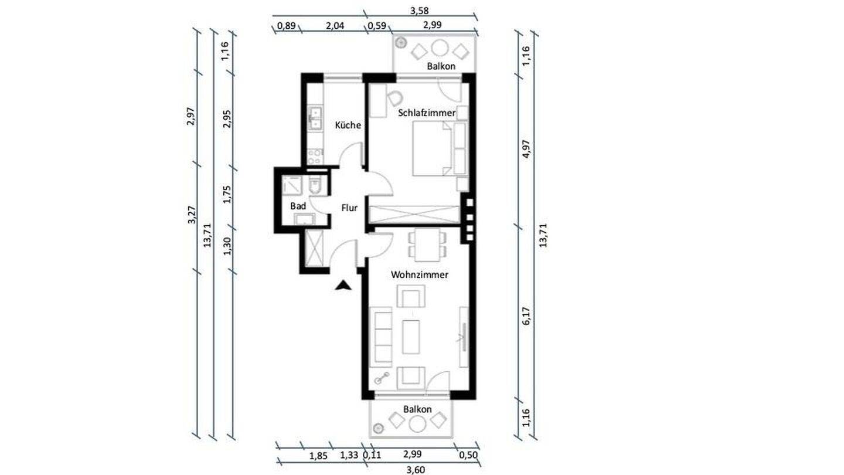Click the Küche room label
[348, 125]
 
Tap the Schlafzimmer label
[427, 113]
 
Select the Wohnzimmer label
[420, 274]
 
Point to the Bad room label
[298, 206]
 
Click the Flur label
[349, 208]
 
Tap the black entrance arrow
[343, 286]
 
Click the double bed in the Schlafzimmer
[432, 148]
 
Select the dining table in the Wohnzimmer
[427, 245]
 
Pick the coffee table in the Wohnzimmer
[411, 337]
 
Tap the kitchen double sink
[315, 118]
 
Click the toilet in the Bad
[314, 185]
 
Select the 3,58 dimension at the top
[419, 11]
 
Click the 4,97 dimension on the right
[526, 149]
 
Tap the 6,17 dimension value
[526, 316]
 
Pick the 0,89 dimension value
[287, 26]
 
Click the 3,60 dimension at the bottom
[416, 470]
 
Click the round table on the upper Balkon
[440, 48]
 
